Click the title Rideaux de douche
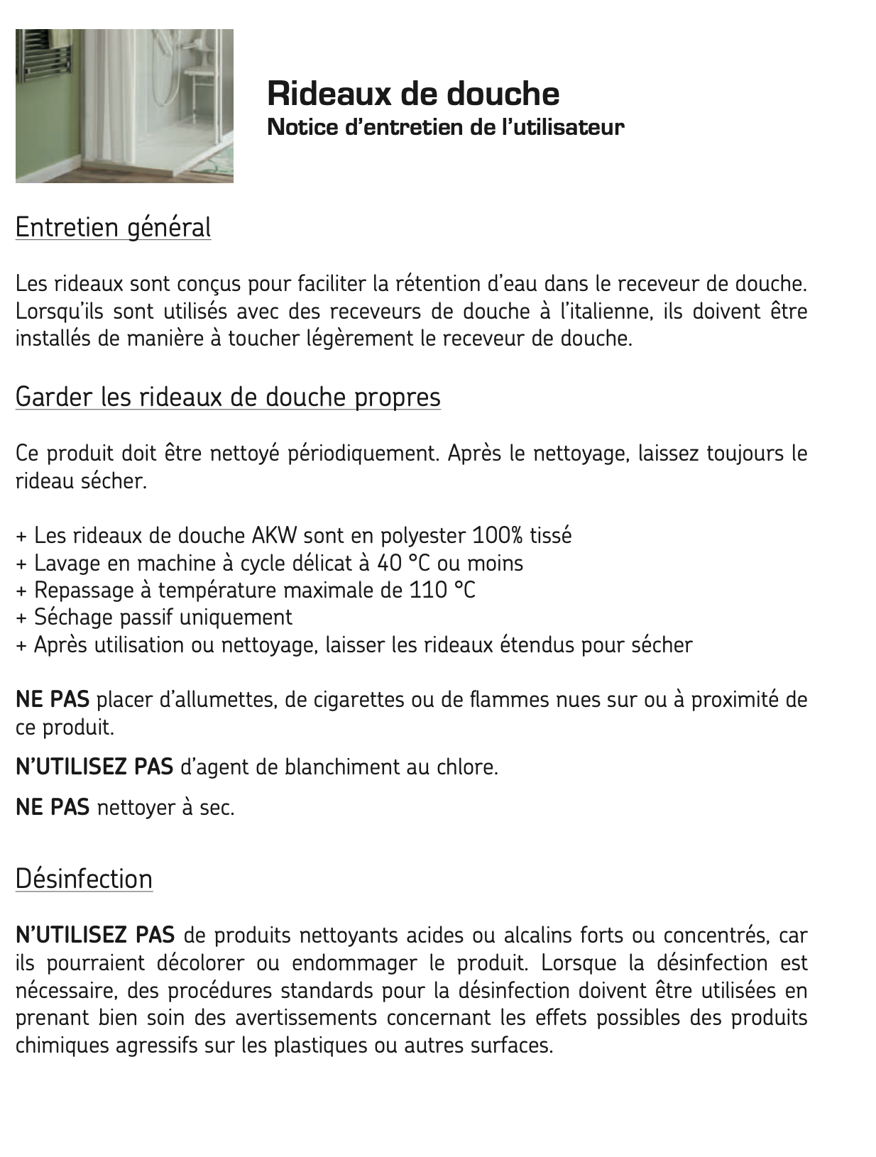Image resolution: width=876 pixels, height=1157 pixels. pyautogui.click(x=412, y=94)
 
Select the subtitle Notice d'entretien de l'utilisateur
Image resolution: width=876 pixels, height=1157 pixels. pyautogui.click(x=445, y=128)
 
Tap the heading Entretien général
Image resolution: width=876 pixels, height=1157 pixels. pyautogui.click(x=113, y=228)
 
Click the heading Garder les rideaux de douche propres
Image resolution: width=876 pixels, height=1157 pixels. pyautogui.click(x=228, y=397)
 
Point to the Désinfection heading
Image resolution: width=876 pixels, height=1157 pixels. pyautogui.click(x=84, y=879)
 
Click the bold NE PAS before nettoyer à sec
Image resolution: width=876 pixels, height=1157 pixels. pyautogui.click(x=53, y=808)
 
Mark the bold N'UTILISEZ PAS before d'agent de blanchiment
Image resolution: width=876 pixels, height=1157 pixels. pyautogui.click(x=94, y=767)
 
